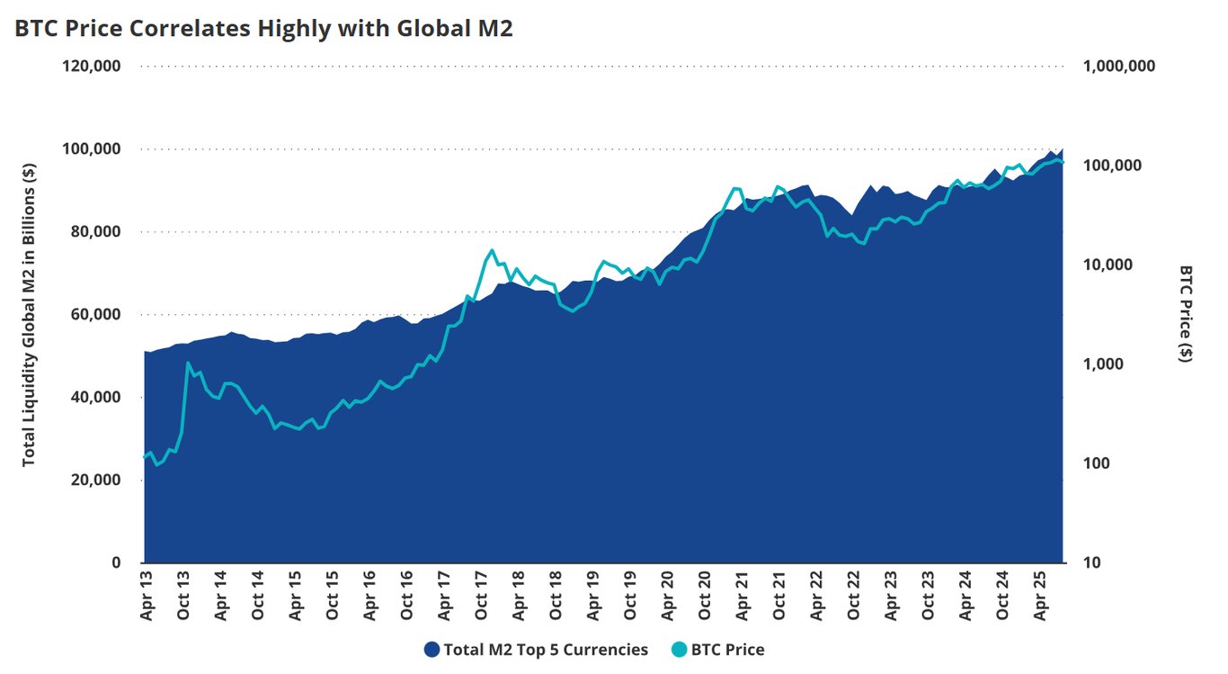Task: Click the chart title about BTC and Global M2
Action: (x=263, y=28)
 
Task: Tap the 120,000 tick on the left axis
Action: (x=92, y=67)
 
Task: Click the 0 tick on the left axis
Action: (x=116, y=563)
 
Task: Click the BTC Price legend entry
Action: (x=718, y=650)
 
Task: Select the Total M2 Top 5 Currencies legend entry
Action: (x=536, y=650)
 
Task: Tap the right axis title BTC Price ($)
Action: (x=1187, y=314)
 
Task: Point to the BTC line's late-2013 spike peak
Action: (x=188, y=363)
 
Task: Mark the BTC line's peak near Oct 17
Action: (x=492, y=250)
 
